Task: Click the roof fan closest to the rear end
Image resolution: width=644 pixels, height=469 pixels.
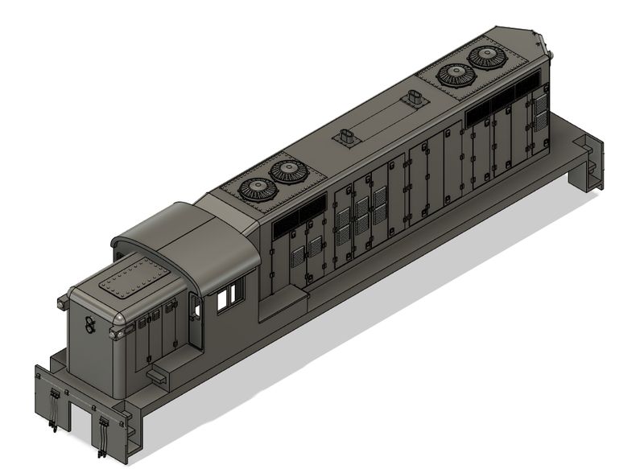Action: click(488, 56)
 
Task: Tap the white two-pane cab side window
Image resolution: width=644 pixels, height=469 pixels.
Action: click(229, 296)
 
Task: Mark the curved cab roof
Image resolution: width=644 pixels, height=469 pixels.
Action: click(185, 237)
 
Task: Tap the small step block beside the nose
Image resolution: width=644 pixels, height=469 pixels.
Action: click(158, 372)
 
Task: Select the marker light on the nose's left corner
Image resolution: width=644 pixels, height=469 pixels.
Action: click(62, 302)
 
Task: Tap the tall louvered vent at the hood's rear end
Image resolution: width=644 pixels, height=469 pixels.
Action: click(540, 121)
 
